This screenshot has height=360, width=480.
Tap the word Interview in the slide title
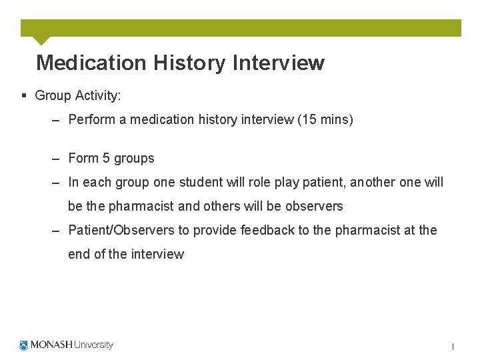278,63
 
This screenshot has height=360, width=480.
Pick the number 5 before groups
106,159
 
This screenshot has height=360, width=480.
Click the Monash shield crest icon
25,345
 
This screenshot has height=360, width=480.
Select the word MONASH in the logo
52,345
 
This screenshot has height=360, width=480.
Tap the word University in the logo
94,345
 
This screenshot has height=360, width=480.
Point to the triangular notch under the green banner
41,40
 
